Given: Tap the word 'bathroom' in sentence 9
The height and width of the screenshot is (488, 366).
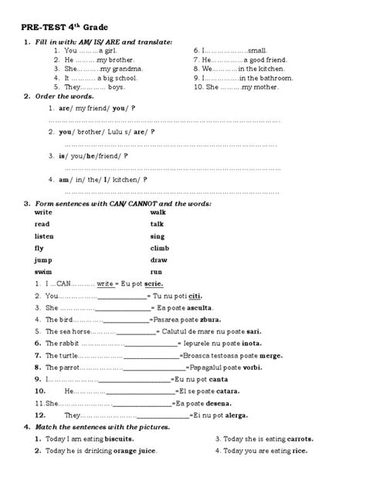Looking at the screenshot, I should point(269,79).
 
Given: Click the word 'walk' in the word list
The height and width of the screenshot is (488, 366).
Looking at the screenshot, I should point(158,212).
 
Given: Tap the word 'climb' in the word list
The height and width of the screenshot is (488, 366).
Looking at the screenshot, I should point(159,249).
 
